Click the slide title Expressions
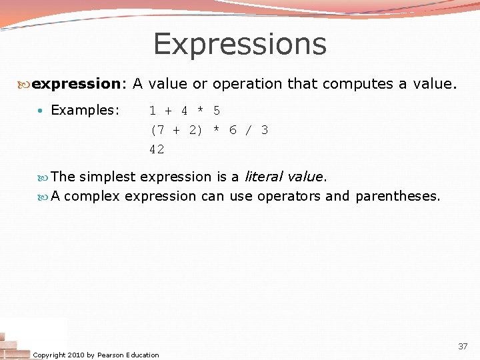pyautogui.click(x=240, y=44)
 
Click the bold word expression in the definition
pyautogui.click(x=75, y=84)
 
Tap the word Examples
pyautogui.click(x=84, y=110)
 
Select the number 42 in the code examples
pyautogui.click(x=157, y=150)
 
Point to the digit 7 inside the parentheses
pyautogui.click(x=161, y=130)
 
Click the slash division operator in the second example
pyautogui.click(x=249, y=130)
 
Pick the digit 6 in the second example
pyautogui.click(x=233, y=130)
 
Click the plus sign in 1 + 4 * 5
pyautogui.click(x=169, y=111)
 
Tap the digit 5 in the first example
pyautogui.click(x=217, y=111)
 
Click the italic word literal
pyautogui.click(x=263, y=177)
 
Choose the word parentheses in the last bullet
pyautogui.click(x=397, y=196)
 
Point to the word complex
pyautogui.click(x=92, y=196)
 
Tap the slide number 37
pyautogui.click(x=463, y=347)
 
